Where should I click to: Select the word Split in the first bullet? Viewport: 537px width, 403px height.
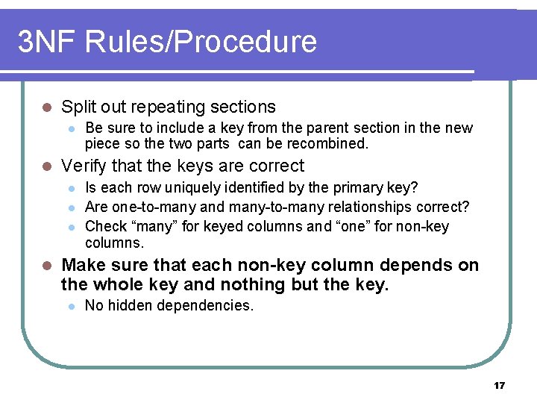click(79, 107)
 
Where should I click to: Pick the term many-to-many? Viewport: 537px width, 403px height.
click(275, 207)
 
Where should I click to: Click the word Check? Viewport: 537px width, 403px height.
click(106, 226)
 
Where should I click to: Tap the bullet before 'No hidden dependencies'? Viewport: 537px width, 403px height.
click(71, 305)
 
